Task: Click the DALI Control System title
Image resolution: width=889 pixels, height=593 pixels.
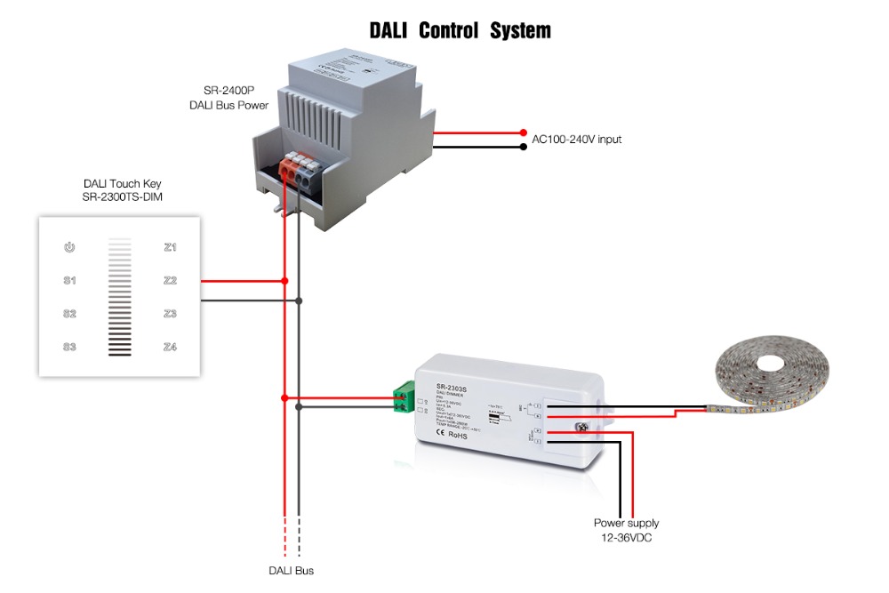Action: [x=460, y=31]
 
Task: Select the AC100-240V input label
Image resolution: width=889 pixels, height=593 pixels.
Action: [x=576, y=140]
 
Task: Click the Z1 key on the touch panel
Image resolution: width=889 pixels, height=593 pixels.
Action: [x=171, y=247]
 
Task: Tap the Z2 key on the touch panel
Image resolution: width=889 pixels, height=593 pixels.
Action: [x=171, y=281]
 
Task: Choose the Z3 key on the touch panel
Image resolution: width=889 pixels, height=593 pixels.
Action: [x=171, y=314]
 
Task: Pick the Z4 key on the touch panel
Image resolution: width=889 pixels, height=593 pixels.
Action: [x=171, y=347]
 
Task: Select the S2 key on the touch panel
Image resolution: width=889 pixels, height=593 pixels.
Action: [x=69, y=314]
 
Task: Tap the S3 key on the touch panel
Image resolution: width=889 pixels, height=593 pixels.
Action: [x=69, y=347]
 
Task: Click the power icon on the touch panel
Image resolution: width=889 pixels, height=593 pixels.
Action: [x=69, y=247]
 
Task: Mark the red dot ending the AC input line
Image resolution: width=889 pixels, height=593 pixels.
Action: [x=524, y=132]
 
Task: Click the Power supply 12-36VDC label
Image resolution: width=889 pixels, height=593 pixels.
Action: [x=627, y=531]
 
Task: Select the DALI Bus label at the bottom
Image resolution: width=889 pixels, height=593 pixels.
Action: [x=291, y=571]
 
